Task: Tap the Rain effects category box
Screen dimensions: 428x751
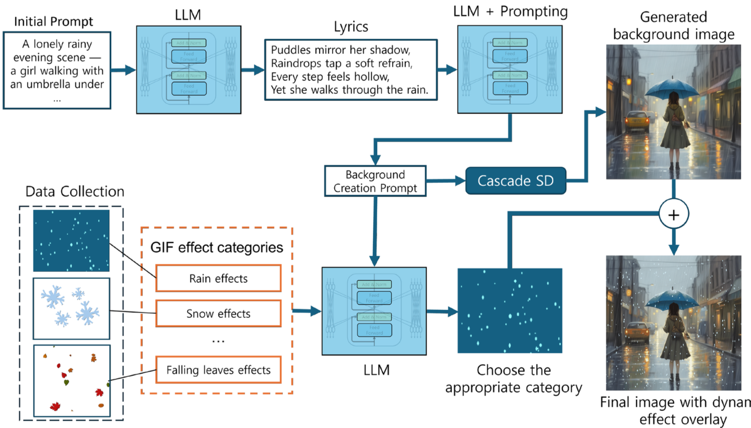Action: [218, 279]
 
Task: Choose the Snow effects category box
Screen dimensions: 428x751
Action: [218, 314]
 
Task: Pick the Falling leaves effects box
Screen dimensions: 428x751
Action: [218, 370]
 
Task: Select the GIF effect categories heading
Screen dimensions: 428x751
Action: [217, 247]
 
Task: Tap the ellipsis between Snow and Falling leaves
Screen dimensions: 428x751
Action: [218, 341]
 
